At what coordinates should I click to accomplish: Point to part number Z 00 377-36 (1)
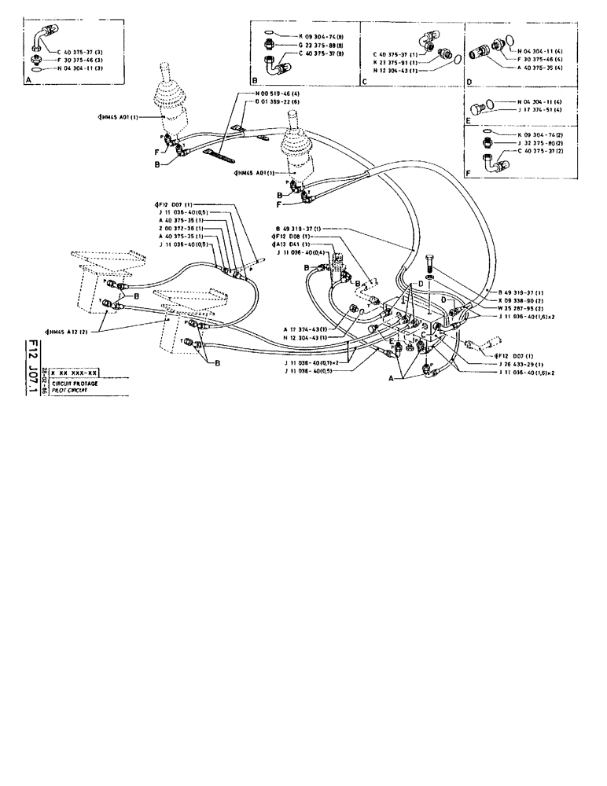pos(181,228)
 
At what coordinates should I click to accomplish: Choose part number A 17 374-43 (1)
pos(310,329)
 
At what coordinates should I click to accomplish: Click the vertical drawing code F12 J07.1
pos(33,368)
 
